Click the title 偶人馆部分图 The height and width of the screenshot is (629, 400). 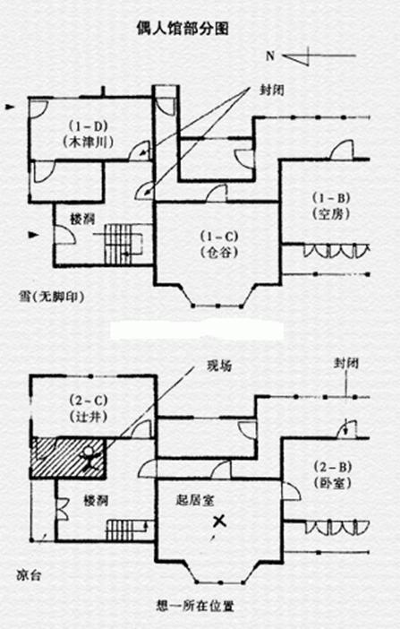click(x=183, y=29)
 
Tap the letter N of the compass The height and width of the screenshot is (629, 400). click(x=270, y=56)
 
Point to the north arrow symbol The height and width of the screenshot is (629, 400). click(x=319, y=56)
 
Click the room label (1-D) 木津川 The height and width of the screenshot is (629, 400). click(x=89, y=134)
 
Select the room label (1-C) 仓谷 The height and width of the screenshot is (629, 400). click(x=219, y=244)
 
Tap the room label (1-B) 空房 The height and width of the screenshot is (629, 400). click(x=331, y=206)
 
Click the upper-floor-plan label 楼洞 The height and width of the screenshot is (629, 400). click(x=82, y=219)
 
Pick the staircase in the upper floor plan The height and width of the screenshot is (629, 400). click(x=123, y=244)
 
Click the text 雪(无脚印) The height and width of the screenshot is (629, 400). click(x=51, y=297)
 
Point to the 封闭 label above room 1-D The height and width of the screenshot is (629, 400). click(x=272, y=90)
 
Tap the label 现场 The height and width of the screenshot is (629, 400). click(x=219, y=366)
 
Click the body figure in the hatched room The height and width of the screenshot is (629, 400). click(x=89, y=457)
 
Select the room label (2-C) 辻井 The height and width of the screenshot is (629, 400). click(x=89, y=409)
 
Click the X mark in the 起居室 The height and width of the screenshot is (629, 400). click(x=219, y=521)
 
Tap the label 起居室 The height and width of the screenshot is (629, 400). click(x=195, y=500)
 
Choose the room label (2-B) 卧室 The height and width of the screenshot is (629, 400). click(x=332, y=475)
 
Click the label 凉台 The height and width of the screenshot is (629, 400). click(x=29, y=575)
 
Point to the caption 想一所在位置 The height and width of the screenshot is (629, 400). click(x=195, y=606)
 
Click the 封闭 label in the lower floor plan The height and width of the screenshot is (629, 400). click(x=346, y=364)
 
